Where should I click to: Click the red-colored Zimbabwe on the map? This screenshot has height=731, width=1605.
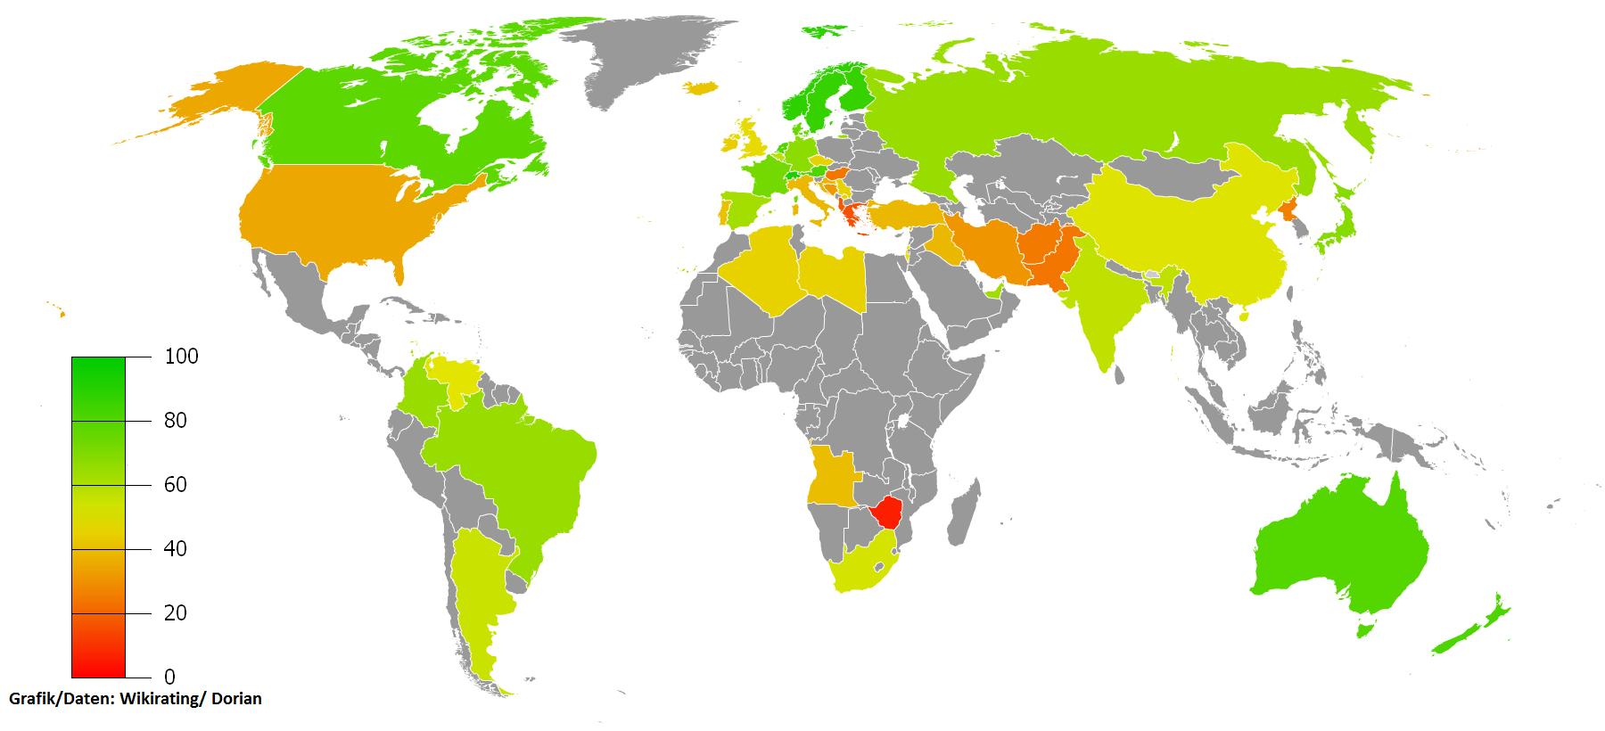point(888,513)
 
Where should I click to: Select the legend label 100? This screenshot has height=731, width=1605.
point(181,357)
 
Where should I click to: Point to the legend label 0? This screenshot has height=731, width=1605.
point(169,677)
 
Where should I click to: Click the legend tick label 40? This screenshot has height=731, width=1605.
point(175,548)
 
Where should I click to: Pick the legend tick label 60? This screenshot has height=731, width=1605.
point(175,484)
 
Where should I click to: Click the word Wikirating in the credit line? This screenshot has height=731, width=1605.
point(161,698)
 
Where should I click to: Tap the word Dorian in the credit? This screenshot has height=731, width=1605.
point(236,698)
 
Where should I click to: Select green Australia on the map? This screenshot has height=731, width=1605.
point(1337,544)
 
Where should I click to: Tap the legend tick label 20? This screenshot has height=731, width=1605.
point(175,612)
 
